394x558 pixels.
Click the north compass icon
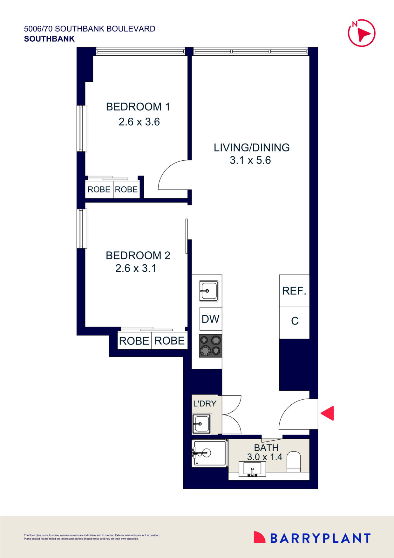pos(362,33)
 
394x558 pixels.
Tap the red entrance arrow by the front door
pos(328,413)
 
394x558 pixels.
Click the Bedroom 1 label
pos(138,107)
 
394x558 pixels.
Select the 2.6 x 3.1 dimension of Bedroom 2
pos(136,268)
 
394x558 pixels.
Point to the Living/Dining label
pos(251,148)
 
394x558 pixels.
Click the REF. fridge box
pos(294,291)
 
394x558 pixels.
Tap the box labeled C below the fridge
pos(295,321)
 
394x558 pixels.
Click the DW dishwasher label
pos(210,319)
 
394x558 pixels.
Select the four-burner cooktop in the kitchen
pos(210,345)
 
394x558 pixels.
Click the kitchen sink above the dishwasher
pos(208,291)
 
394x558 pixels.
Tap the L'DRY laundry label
pos(205,403)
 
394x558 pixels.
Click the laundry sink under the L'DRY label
pos(202,424)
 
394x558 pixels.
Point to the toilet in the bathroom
pos(294,462)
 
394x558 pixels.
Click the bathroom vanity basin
pos(252,470)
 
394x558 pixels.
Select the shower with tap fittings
pos(209,453)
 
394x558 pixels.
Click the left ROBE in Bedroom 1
pos(99,190)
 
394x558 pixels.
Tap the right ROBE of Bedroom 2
pos(169,341)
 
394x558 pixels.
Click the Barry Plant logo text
pos(320,538)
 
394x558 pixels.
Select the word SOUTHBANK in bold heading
pos(49,39)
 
